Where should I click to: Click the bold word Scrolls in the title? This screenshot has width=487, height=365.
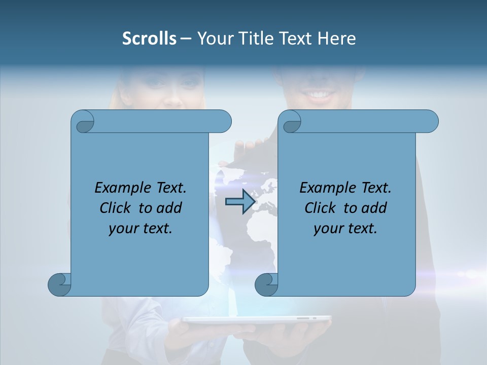pos(149,38)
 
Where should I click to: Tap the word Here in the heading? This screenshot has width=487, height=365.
pos(337,38)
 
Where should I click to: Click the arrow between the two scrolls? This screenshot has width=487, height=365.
pos(240,202)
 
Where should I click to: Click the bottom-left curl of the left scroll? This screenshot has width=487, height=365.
pos(59,284)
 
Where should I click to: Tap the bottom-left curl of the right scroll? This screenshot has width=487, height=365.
pos(266,284)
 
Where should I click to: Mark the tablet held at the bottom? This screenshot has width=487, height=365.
pos(256,320)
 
